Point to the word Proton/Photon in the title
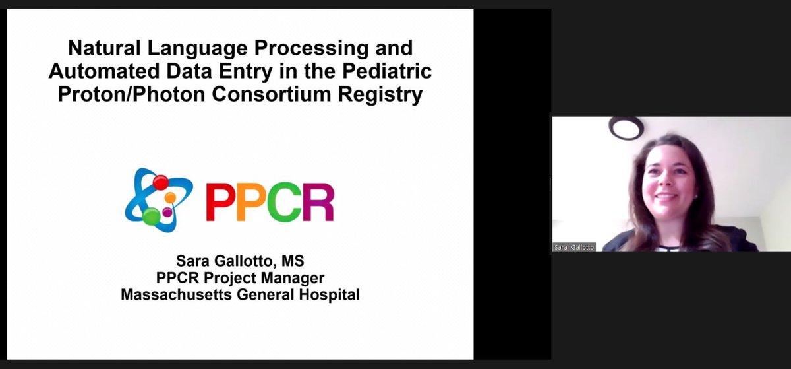[131, 94]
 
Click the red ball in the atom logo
[160, 182]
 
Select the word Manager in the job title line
[293, 278]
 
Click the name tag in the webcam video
[573, 247]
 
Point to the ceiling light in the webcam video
[626, 127]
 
